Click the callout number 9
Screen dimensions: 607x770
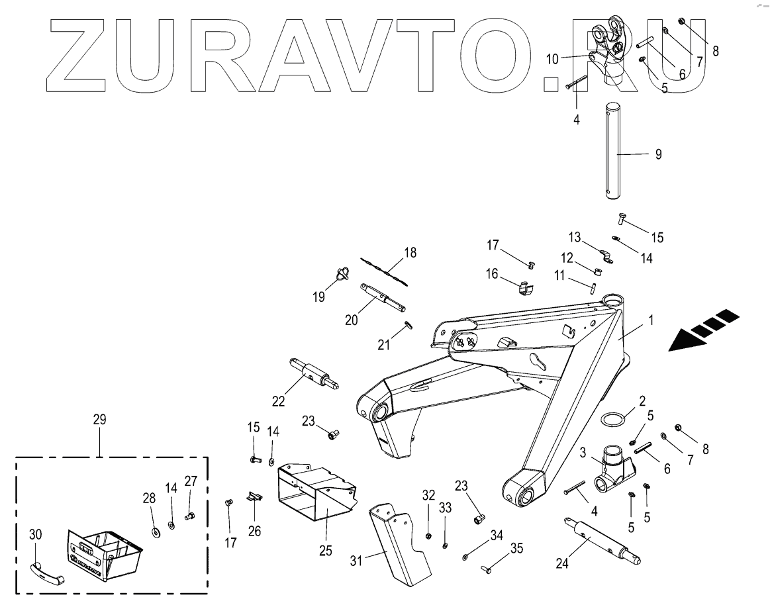(x=658, y=154)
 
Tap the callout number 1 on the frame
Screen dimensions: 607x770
(x=651, y=320)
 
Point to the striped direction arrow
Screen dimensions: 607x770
(x=702, y=329)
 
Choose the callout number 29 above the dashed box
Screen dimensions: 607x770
(x=100, y=420)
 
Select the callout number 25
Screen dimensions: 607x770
(x=325, y=549)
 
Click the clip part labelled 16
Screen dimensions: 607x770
(x=525, y=287)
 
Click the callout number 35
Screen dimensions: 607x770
(x=516, y=548)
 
